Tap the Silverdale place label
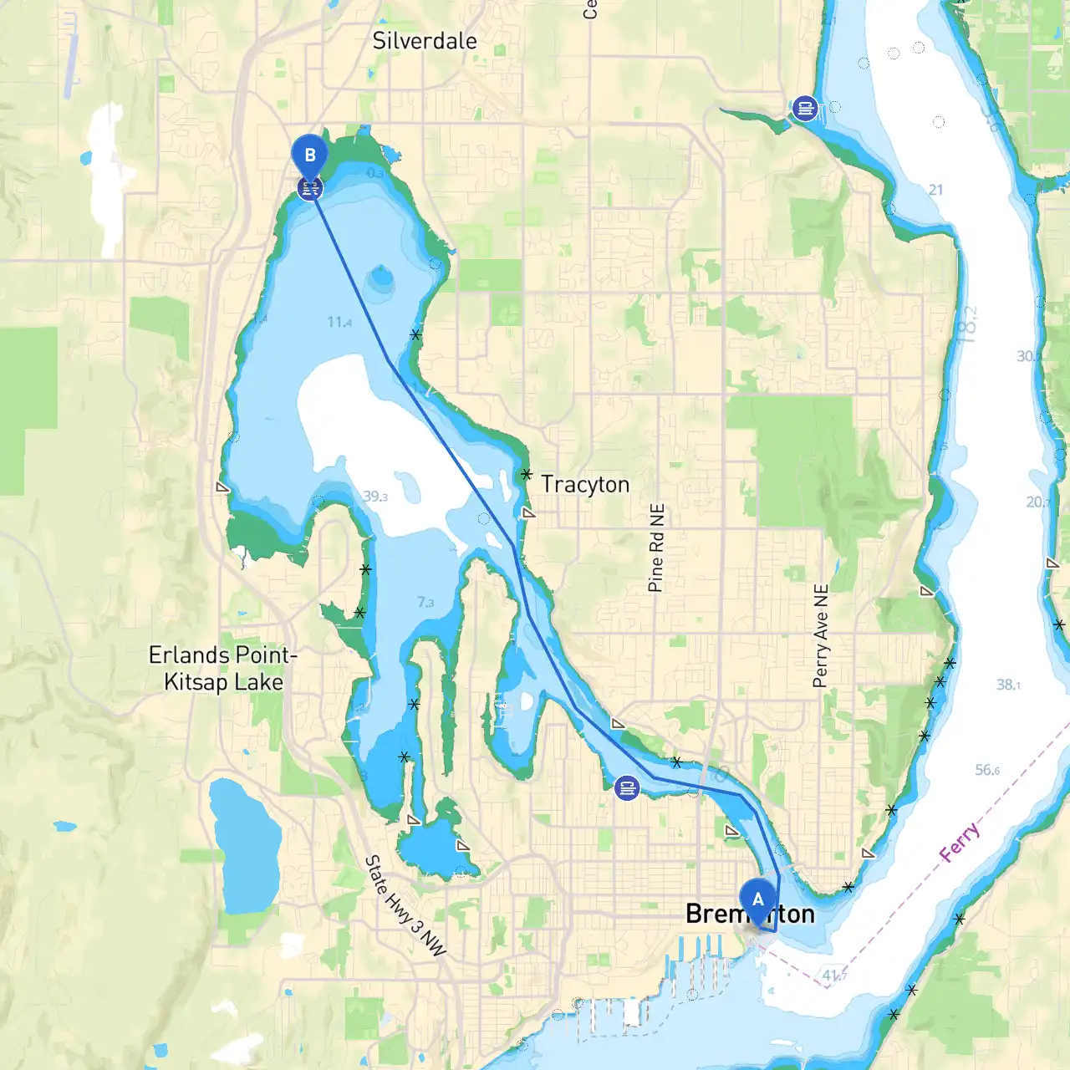[x=425, y=41]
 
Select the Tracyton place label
[x=585, y=484]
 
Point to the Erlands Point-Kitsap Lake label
[x=223, y=668]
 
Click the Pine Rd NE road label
[x=656, y=548]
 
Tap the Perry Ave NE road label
[x=821, y=635]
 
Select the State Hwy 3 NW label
[x=405, y=905]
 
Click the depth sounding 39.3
[x=375, y=497]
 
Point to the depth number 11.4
[x=339, y=322]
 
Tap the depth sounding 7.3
[x=425, y=602]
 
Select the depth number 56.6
[x=987, y=770]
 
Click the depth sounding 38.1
[x=1008, y=685]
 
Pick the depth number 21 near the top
[x=935, y=190]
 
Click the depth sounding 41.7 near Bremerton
[x=833, y=975]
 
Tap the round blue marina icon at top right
[x=804, y=108]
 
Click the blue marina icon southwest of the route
[x=627, y=787]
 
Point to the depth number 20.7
[x=1037, y=502]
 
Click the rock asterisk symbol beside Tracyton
[x=526, y=474]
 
